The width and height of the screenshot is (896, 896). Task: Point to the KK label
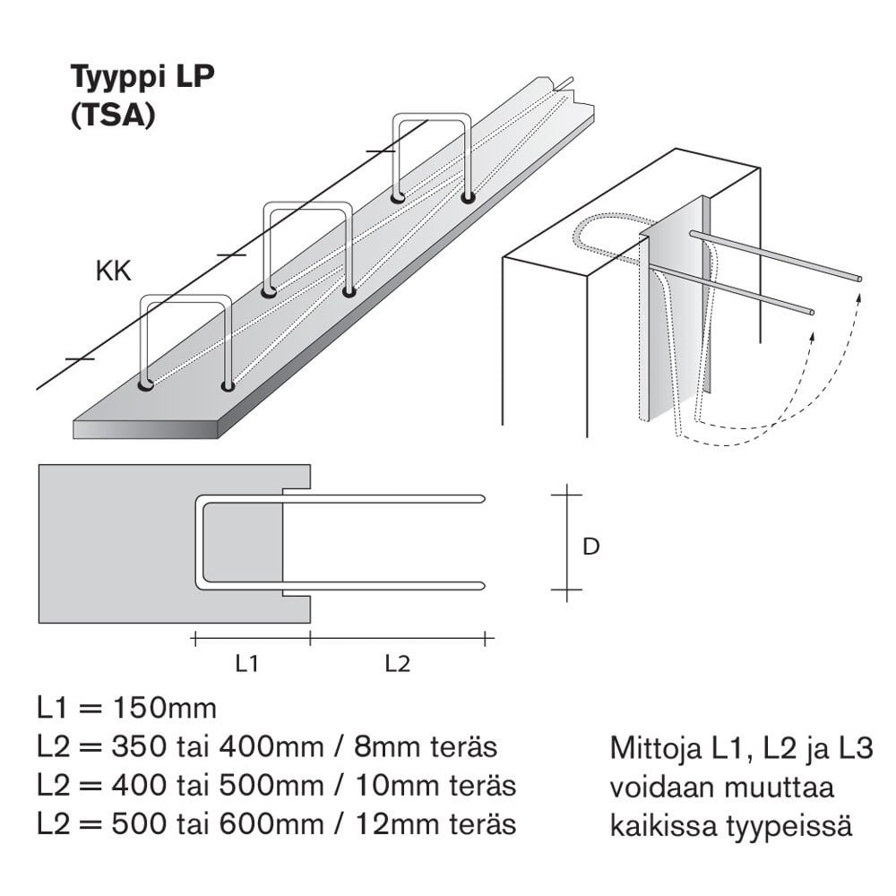coord(113,272)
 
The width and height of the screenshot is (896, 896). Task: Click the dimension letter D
coord(590,546)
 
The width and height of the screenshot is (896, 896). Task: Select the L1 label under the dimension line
coord(247,664)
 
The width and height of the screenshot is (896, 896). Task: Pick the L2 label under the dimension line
coord(397,664)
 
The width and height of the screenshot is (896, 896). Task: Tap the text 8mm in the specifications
coord(386,747)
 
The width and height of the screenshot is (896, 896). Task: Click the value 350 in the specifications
coord(136,747)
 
